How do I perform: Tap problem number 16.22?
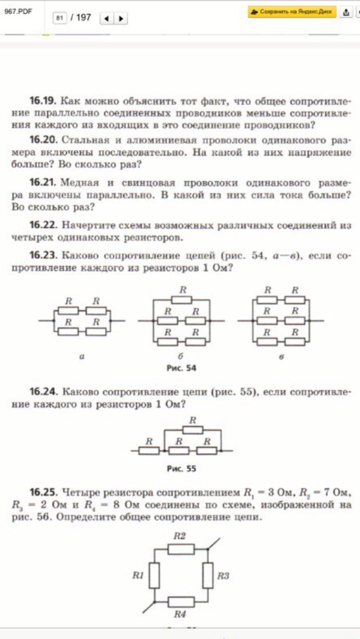pos(42,226)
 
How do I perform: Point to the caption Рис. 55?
pos(182,468)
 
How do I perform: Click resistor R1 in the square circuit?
pos(155,575)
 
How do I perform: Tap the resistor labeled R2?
pos(180,548)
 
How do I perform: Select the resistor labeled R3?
pos(207,575)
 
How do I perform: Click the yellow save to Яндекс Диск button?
pos(292,12)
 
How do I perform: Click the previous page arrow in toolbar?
pos(106,18)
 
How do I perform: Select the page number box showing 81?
pos(60,18)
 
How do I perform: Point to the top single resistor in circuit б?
pos(182,299)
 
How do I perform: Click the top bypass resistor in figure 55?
pos(192,429)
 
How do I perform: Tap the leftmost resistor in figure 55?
pos(149,451)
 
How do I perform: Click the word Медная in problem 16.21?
pos(79,183)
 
